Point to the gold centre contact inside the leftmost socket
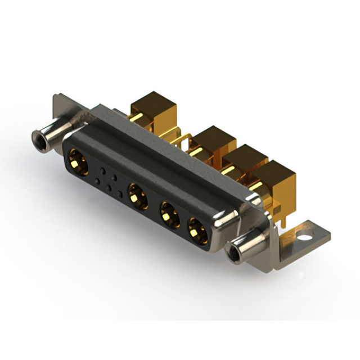point(77,163)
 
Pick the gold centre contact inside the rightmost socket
point(196,231)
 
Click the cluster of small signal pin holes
point(109,181)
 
